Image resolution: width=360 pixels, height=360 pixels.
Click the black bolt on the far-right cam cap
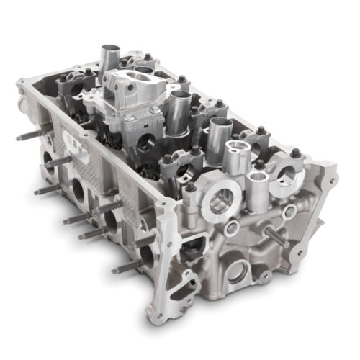point(295,153)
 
